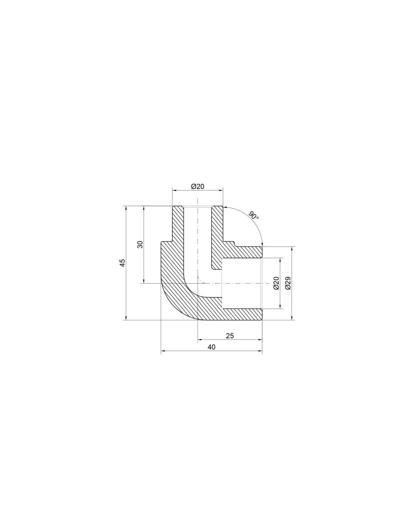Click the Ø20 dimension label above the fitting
[x=198, y=187]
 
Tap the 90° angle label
[x=254, y=215]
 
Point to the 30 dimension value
[x=140, y=245]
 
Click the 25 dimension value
[x=230, y=336]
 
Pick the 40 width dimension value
[x=211, y=347]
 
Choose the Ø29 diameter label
[x=288, y=283]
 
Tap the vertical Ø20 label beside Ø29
[x=276, y=283]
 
